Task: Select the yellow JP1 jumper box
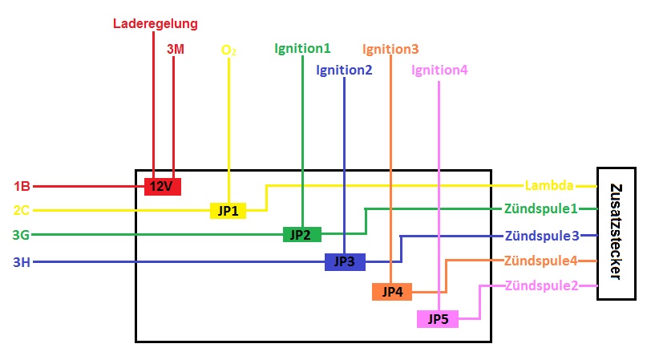[228, 211]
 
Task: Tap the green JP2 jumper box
[301, 235]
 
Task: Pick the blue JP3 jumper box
[345, 261]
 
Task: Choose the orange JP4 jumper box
[392, 292]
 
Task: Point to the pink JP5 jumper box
[438, 319]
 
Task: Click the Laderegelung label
[154, 24]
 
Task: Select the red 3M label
[176, 49]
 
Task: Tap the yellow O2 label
[228, 50]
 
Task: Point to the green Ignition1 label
[302, 48]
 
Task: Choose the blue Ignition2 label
[344, 70]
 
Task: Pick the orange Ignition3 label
[390, 49]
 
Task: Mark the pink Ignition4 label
[439, 70]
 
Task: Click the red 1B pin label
[22, 187]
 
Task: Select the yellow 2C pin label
[22, 211]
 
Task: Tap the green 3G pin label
[22, 235]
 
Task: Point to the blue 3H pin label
[22, 261]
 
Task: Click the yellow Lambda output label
[549, 185]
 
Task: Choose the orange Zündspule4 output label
[541, 261]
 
